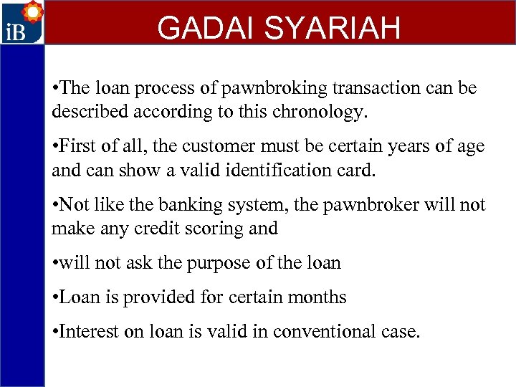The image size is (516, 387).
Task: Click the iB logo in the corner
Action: (21, 23)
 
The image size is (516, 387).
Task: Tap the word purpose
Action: (218, 264)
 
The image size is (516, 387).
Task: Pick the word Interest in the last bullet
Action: (90, 332)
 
